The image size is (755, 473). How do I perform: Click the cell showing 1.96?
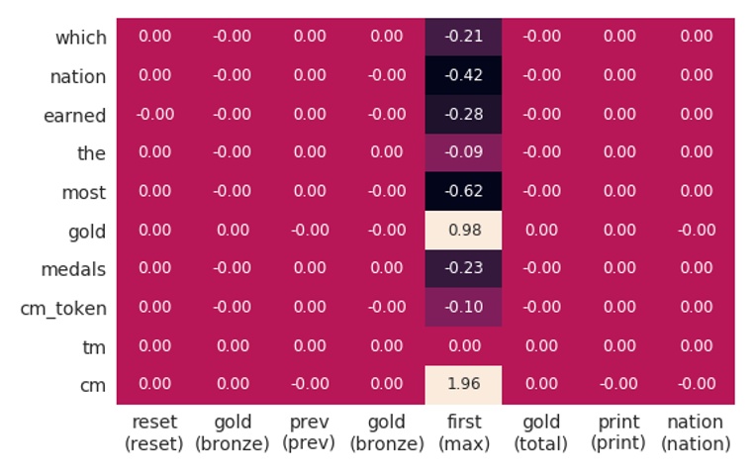(x=463, y=385)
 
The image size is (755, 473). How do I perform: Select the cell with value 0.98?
(x=463, y=231)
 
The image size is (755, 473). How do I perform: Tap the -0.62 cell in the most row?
(x=463, y=192)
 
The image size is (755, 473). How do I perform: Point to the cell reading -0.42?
(x=463, y=75)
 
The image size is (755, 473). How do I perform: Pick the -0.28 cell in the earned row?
(x=463, y=114)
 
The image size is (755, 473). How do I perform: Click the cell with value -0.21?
(x=463, y=37)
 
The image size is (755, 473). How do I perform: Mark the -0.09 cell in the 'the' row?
(x=463, y=152)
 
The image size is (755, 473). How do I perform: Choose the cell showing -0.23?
(x=463, y=269)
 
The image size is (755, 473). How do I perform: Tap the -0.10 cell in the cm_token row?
(x=463, y=308)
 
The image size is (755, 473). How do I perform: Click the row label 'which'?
(x=80, y=38)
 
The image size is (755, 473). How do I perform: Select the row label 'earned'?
(x=74, y=116)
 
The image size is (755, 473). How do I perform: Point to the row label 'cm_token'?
(x=63, y=309)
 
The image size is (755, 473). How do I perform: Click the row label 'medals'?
(x=73, y=270)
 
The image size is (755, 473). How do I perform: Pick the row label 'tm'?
(x=94, y=347)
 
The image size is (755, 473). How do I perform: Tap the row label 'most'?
(x=83, y=193)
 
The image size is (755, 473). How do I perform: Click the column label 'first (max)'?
(x=463, y=433)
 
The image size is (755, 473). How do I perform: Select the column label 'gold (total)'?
(x=540, y=433)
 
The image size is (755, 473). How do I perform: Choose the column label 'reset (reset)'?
(x=154, y=433)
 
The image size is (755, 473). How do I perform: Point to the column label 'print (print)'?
(x=617, y=433)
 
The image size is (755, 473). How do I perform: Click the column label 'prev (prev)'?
(x=309, y=433)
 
